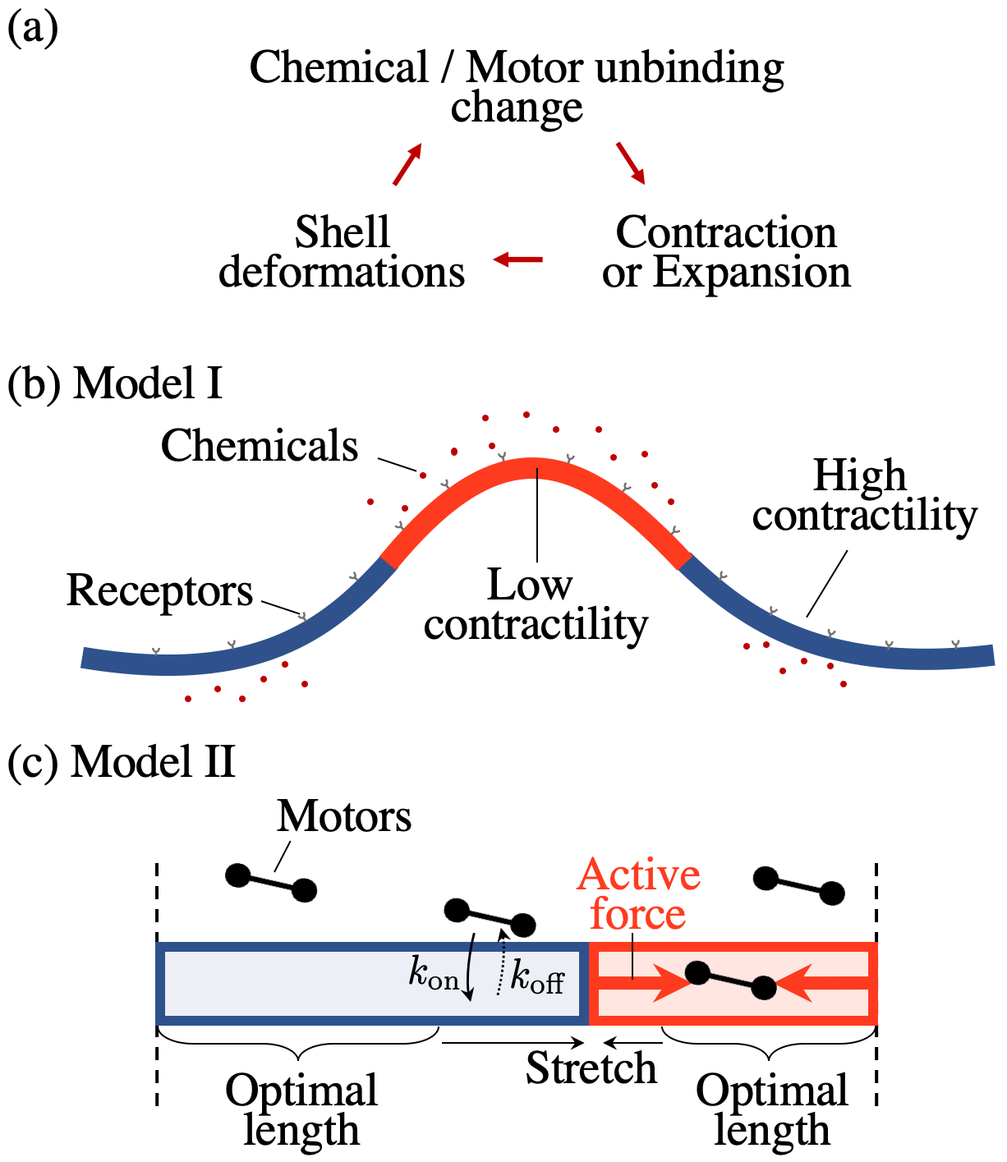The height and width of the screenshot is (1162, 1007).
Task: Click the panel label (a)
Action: pos(33,30)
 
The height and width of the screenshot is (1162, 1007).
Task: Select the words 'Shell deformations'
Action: pos(342,252)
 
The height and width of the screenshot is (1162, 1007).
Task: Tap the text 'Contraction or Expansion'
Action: pos(726,252)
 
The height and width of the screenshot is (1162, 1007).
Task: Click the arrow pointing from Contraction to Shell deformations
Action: pos(518,260)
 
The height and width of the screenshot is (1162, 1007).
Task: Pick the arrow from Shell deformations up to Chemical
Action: pos(407,164)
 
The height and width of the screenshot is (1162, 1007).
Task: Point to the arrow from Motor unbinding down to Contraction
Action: pos(631,163)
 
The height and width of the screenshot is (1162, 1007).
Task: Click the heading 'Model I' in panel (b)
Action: pos(148,383)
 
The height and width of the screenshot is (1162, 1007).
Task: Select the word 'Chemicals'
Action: pos(260,446)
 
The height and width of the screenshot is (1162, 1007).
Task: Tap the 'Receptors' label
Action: pos(159,590)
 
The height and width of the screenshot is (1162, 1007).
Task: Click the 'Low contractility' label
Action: pos(536,604)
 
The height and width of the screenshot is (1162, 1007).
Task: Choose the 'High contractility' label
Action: pos(864,495)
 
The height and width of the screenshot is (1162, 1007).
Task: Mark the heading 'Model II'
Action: pos(153,761)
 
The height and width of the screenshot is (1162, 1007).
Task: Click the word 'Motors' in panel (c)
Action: pos(344,816)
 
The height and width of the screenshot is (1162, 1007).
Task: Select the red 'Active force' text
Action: pos(638,894)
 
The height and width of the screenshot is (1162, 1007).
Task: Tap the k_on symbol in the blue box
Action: pos(434,976)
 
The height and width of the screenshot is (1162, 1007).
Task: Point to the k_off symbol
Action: pos(538,977)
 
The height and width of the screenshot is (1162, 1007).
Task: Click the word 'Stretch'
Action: pos(591,1068)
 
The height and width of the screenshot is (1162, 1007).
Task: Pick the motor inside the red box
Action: pos(730,981)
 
